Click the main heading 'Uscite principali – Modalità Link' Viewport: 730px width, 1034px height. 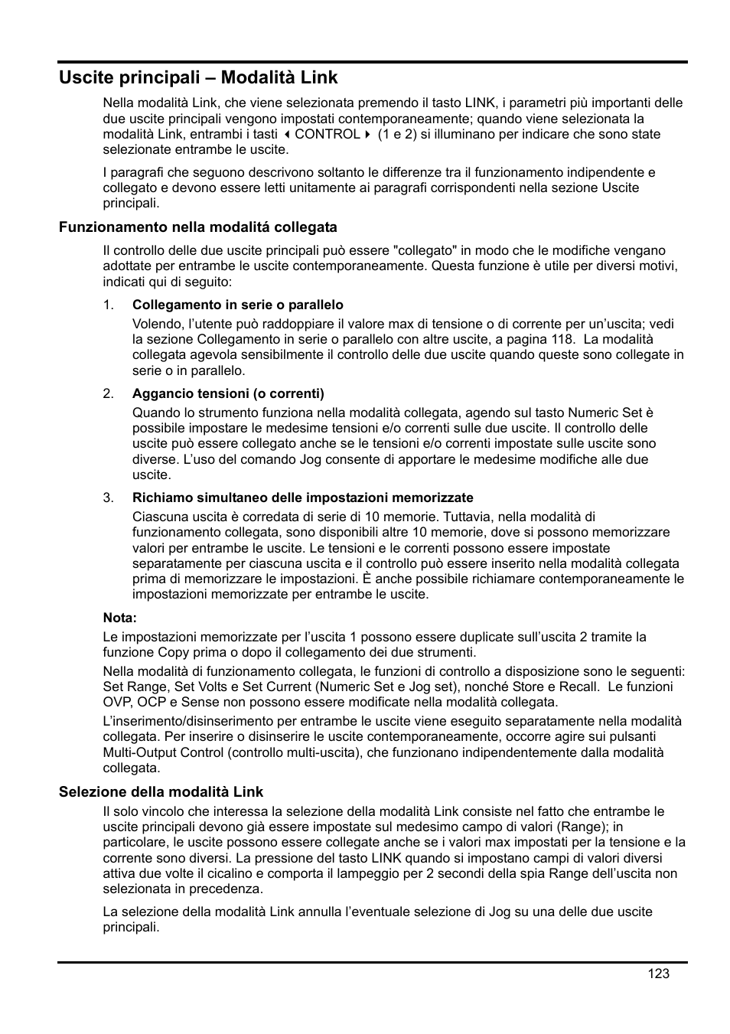pos(198,77)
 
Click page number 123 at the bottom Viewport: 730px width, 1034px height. pos(657,974)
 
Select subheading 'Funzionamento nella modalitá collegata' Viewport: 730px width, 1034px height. pos(198,227)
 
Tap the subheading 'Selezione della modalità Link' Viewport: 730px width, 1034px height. pos(161,792)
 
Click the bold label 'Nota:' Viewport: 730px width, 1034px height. pos(120,618)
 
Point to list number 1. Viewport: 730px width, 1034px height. pos(109,305)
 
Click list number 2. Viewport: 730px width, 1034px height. pos(109,394)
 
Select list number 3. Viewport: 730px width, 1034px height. pos(109,498)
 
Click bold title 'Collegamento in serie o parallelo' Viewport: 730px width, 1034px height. pos(238,305)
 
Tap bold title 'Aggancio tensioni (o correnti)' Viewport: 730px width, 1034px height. pos(228,394)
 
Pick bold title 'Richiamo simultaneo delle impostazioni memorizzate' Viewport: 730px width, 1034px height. pos(302,498)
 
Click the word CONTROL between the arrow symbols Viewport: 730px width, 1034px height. pos(327,135)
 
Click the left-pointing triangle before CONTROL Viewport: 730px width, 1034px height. pos(288,135)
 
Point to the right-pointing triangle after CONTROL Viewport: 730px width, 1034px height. pos(367,135)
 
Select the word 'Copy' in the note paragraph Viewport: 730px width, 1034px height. pos(173,653)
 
